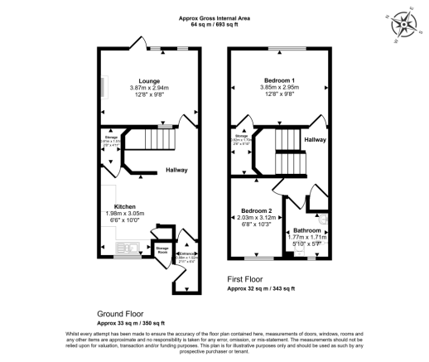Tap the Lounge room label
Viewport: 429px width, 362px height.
[x=149, y=80]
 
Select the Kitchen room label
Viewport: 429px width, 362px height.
[x=125, y=205]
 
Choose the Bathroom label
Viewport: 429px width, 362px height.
[x=305, y=229]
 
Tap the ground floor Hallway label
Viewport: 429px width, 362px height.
[x=176, y=171]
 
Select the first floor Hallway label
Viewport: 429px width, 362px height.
[x=314, y=140]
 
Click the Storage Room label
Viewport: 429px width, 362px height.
[x=161, y=249]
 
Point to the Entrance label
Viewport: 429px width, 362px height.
[x=187, y=253]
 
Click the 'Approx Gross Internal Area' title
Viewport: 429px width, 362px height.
[x=215, y=18]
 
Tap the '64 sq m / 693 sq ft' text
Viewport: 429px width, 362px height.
[x=215, y=25]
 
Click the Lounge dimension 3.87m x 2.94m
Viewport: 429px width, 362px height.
[x=149, y=88]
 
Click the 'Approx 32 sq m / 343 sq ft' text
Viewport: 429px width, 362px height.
[x=261, y=290]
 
